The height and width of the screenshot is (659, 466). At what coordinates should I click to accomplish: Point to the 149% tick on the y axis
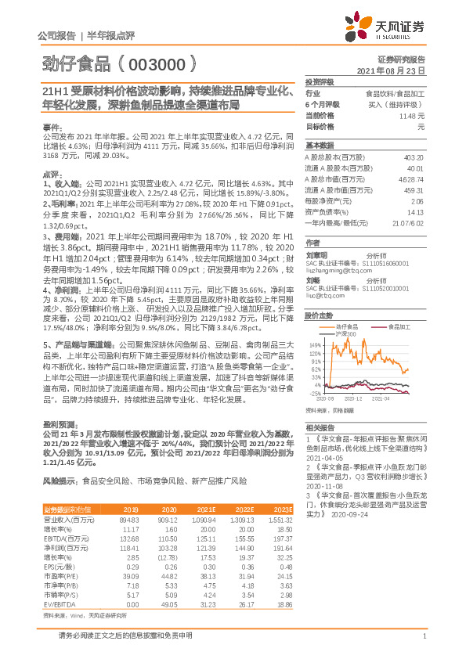point(313,344)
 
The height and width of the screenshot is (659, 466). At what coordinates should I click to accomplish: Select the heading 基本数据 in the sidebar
point(320,145)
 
